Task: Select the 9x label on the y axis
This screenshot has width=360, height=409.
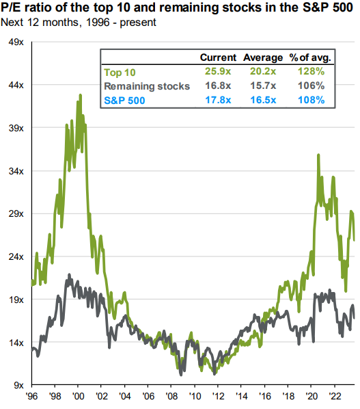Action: (x=16, y=385)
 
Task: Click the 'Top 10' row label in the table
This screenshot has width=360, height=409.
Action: (x=120, y=72)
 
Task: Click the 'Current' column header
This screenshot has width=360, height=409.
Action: (x=218, y=57)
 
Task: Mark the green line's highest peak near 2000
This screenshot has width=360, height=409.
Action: (x=81, y=95)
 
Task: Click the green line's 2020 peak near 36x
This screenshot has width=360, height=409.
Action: (x=318, y=155)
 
